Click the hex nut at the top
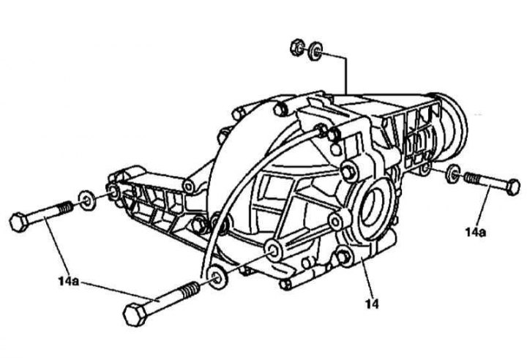coord(297,48)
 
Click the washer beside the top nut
coord(315,51)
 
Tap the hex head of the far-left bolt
coord(19,222)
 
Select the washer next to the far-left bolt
coord(87,200)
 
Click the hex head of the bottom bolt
coord(135,314)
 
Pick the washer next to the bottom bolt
coord(218,277)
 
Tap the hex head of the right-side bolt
coord(512,187)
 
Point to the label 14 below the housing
coord(372,304)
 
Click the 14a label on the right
coord(476,232)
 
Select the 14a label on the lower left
coord(69,281)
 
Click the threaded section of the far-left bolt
coord(66,208)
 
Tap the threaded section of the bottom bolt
coord(190,289)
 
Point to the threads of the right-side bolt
coord(474,178)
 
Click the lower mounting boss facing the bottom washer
coord(273,251)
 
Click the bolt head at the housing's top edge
coord(280,109)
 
